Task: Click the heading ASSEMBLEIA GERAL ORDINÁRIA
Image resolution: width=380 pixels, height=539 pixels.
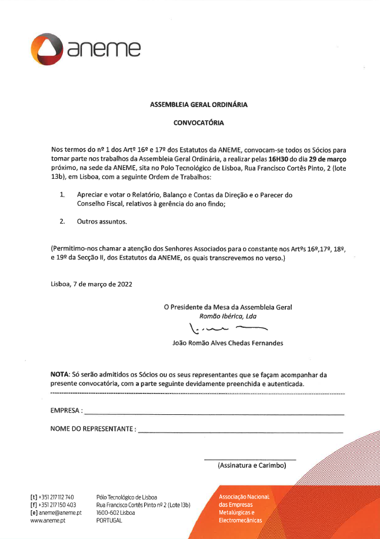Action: tap(199, 105)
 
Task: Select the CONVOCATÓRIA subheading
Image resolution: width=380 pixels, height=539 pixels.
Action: tap(199, 124)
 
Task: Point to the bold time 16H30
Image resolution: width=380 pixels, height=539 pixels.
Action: tap(279, 159)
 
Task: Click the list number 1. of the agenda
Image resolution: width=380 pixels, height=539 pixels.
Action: tap(62, 195)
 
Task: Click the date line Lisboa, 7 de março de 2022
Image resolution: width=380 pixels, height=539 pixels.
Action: tap(91, 284)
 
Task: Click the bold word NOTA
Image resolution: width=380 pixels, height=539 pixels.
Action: tap(59, 374)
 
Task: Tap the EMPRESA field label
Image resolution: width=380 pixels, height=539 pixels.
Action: tap(65, 410)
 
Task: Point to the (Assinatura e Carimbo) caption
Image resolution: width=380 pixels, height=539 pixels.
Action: tap(251, 465)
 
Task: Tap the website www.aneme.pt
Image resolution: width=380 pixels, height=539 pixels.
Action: tap(48, 521)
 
